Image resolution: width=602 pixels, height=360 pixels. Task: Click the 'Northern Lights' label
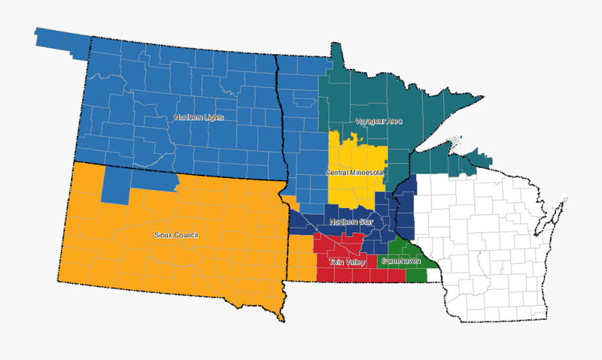pos(199,118)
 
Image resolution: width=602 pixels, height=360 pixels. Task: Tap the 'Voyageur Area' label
pos(379,122)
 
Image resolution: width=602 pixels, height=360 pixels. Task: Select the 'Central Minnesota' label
pos(355,173)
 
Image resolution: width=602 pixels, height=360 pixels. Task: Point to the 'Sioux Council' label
pos(176,236)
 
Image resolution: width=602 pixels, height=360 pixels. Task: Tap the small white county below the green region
pos(433,274)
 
